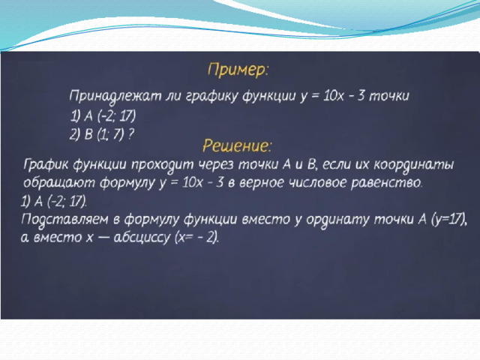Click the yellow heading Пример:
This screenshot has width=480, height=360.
(x=238, y=70)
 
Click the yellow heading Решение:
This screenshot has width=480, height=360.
(x=237, y=145)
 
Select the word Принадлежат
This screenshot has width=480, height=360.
(x=115, y=96)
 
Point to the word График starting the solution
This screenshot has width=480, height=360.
(x=46, y=165)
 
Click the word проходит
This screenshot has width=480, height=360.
(x=163, y=165)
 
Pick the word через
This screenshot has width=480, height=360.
(x=216, y=165)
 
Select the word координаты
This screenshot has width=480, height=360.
(x=413, y=165)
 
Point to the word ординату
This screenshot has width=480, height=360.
(x=338, y=220)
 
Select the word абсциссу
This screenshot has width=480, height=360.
(x=142, y=238)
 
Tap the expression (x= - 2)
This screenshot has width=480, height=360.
(x=196, y=238)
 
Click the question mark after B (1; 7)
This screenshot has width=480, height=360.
(x=131, y=134)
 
